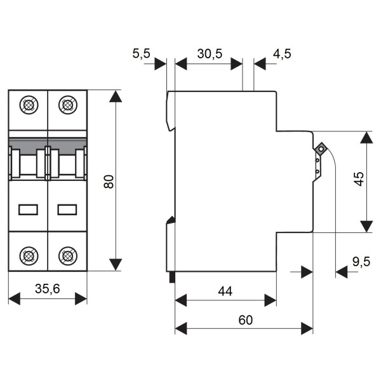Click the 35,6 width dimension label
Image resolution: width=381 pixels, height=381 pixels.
(48, 290)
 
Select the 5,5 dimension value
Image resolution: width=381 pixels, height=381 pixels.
(141, 54)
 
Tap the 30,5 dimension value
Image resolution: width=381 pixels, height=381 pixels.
(209, 54)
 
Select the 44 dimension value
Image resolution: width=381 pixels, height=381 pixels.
(225, 291)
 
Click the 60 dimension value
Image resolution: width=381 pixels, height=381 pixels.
(245, 320)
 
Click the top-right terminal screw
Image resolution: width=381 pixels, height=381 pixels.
(67, 104)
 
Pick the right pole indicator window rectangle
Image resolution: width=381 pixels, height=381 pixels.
(67, 209)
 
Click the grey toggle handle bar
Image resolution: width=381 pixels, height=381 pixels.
(48, 143)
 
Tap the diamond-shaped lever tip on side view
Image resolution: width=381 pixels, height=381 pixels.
(321, 149)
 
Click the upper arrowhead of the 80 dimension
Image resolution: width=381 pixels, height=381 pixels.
(115, 97)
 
